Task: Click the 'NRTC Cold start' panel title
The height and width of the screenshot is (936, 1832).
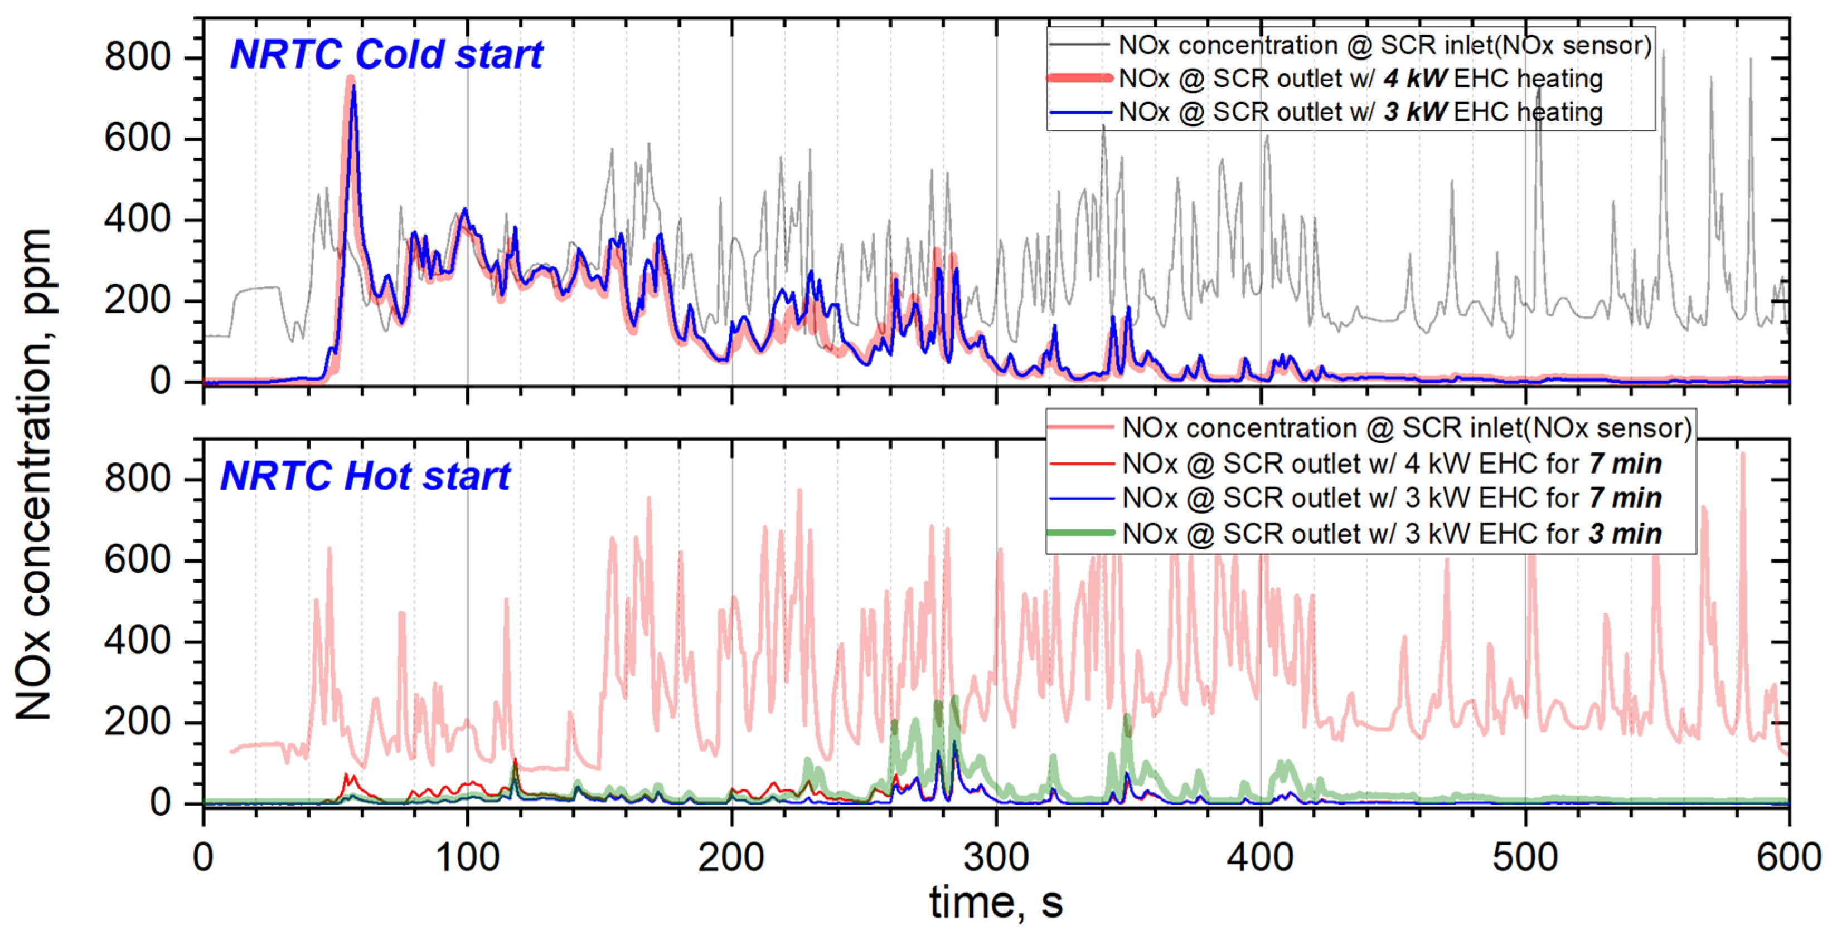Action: pos(386,54)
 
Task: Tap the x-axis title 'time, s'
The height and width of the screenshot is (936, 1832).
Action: pos(996,902)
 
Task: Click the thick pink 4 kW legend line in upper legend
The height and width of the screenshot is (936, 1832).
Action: pos(1079,78)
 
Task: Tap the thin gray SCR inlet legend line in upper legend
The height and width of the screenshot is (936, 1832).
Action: pos(1079,45)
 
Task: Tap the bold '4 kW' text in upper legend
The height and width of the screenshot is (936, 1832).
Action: pos(1414,78)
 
